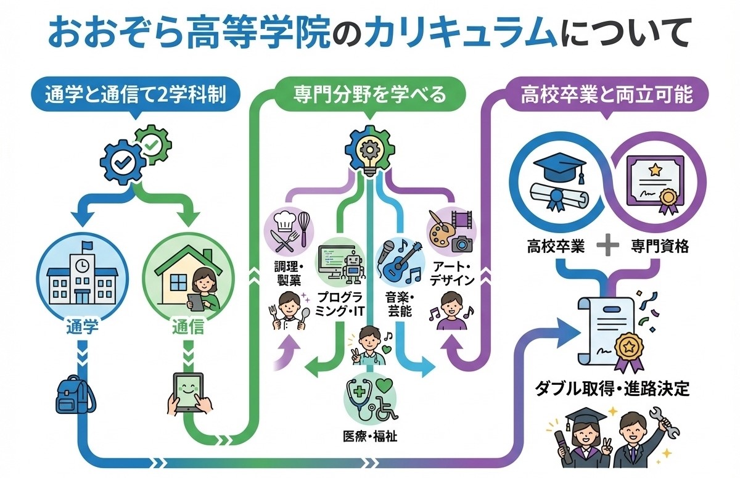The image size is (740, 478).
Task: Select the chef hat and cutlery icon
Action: tap(287, 232)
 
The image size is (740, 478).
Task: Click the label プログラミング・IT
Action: tap(333, 304)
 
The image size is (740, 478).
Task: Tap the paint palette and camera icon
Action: tap(452, 232)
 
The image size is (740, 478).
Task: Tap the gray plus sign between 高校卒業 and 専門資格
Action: tap(607, 246)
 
